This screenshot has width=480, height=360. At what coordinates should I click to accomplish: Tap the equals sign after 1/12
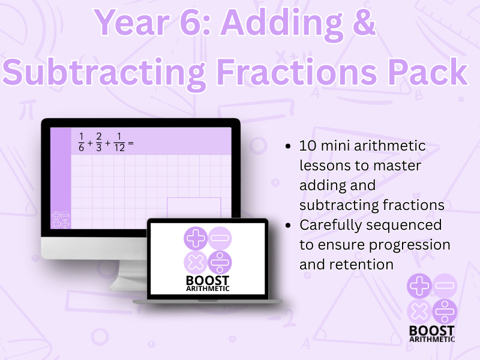pyautogui.click(x=130, y=144)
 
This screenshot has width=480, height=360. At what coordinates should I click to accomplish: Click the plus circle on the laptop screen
pyautogui.click(x=195, y=239)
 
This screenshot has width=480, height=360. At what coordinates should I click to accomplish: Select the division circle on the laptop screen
pyautogui.click(x=220, y=262)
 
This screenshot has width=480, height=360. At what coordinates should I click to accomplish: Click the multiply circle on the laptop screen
pyautogui.click(x=195, y=262)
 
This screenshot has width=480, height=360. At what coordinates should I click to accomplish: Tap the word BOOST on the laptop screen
pyautogui.click(x=207, y=280)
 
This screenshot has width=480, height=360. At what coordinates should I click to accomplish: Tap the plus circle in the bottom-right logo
pyautogui.click(x=419, y=286)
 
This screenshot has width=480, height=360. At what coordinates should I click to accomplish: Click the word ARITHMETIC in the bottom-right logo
pyautogui.click(x=431, y=339)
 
